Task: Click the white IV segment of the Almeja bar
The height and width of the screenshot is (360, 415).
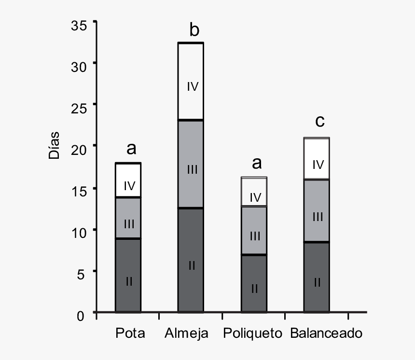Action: (191, 81)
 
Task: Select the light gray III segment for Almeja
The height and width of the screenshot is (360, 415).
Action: (191, 164)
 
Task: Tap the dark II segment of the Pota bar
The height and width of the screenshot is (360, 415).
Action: (128, 275)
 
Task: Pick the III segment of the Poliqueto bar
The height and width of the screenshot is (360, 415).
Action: (253, 230)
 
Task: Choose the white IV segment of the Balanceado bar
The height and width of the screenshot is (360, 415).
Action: (316, 159)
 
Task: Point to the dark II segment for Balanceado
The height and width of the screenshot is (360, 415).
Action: (316, 277)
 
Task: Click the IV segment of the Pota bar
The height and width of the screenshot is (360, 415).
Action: (128, 180)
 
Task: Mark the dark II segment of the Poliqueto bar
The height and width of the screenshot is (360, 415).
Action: (253, 283)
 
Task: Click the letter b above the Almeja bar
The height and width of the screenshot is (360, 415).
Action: (194, 30)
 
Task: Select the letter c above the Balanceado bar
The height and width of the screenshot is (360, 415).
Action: (319, 121)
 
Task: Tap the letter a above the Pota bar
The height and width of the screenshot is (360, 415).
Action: (131, 149)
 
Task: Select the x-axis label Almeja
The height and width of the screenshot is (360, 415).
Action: (186, 333)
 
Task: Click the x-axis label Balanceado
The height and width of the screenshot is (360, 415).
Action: (326, 333)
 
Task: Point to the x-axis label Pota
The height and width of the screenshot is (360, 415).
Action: (130, 333)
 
